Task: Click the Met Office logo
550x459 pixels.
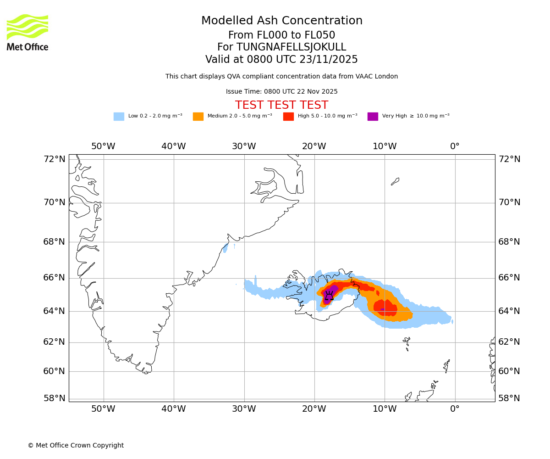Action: point(27,32)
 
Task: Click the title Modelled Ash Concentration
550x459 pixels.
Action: point(281,21)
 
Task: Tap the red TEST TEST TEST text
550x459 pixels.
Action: point(281,106)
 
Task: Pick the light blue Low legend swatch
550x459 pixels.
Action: point(119,117)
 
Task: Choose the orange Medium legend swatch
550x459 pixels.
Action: point(198,117)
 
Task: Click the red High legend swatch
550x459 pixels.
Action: point(288,117)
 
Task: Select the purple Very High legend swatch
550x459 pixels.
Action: point(373,117)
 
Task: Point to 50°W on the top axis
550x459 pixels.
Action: point(103,146)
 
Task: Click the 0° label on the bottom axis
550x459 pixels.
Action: point(455,409)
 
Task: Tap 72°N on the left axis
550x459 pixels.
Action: point(54,159)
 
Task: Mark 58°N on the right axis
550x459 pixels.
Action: point(509,398)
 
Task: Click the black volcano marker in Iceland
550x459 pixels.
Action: point(329,296)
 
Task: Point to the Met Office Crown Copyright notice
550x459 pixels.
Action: point(76,446)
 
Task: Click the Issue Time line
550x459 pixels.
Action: point(281,92)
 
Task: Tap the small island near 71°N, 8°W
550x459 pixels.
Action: point(395,181)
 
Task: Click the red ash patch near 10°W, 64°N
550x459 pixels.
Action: point(386,308)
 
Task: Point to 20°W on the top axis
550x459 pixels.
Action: point(314,146)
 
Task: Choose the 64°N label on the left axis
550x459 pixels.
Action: point(54,311)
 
